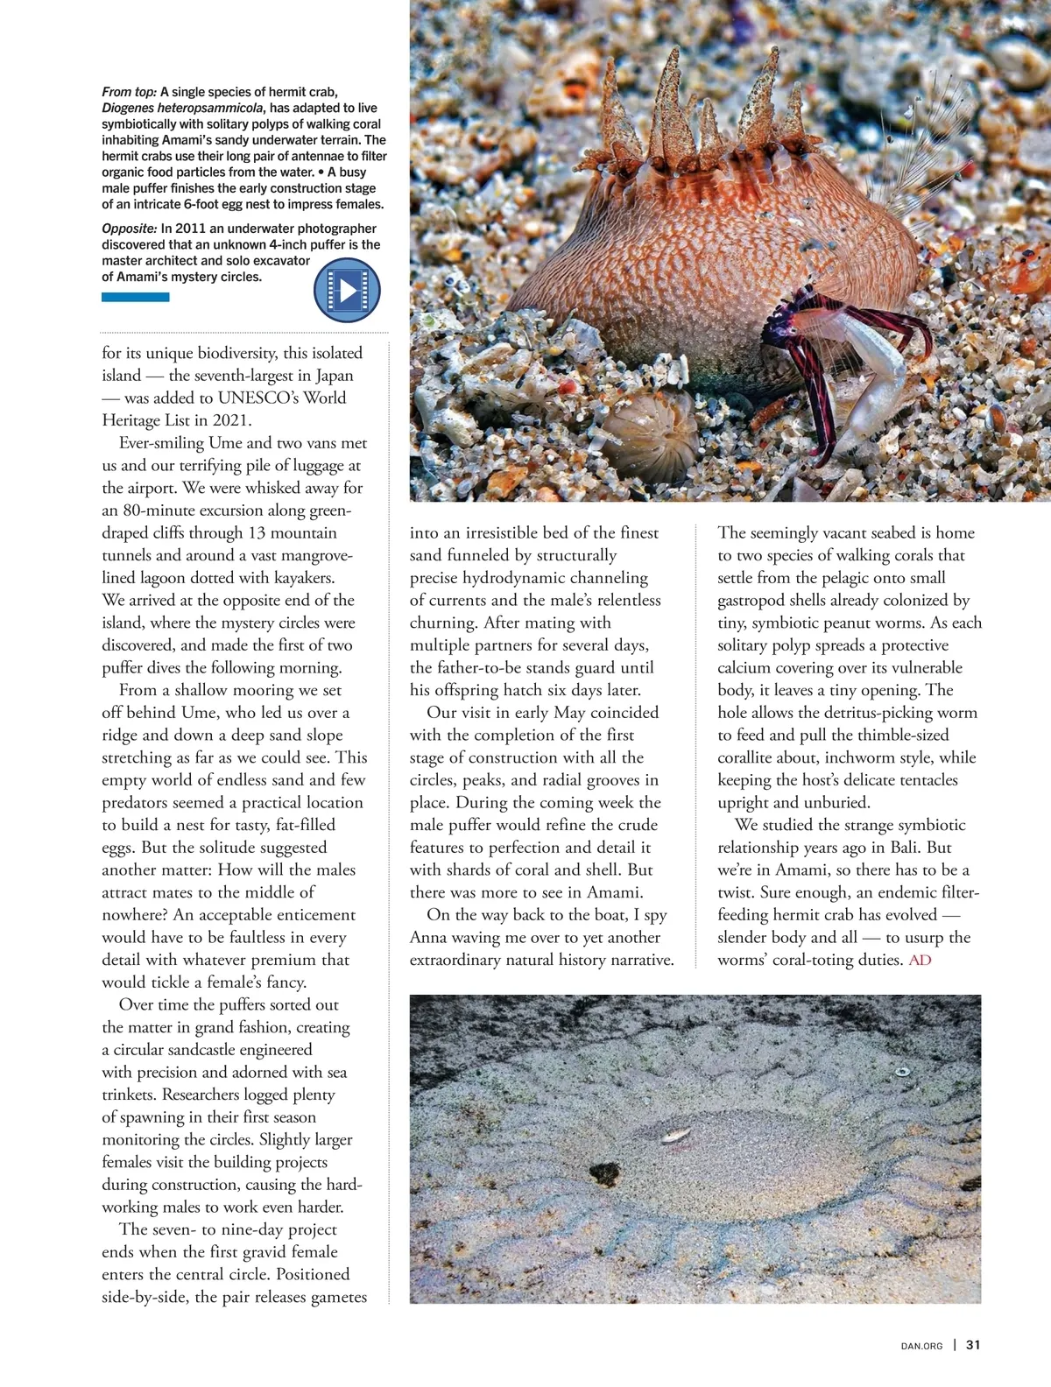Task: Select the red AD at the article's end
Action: click(920, 961)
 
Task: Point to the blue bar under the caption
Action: click(135, 298)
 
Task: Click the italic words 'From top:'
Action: click(129, 92)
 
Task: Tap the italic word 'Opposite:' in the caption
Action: click(130, 229)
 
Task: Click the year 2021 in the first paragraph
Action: click(231, 420)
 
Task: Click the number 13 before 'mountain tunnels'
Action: click(256, 533)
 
